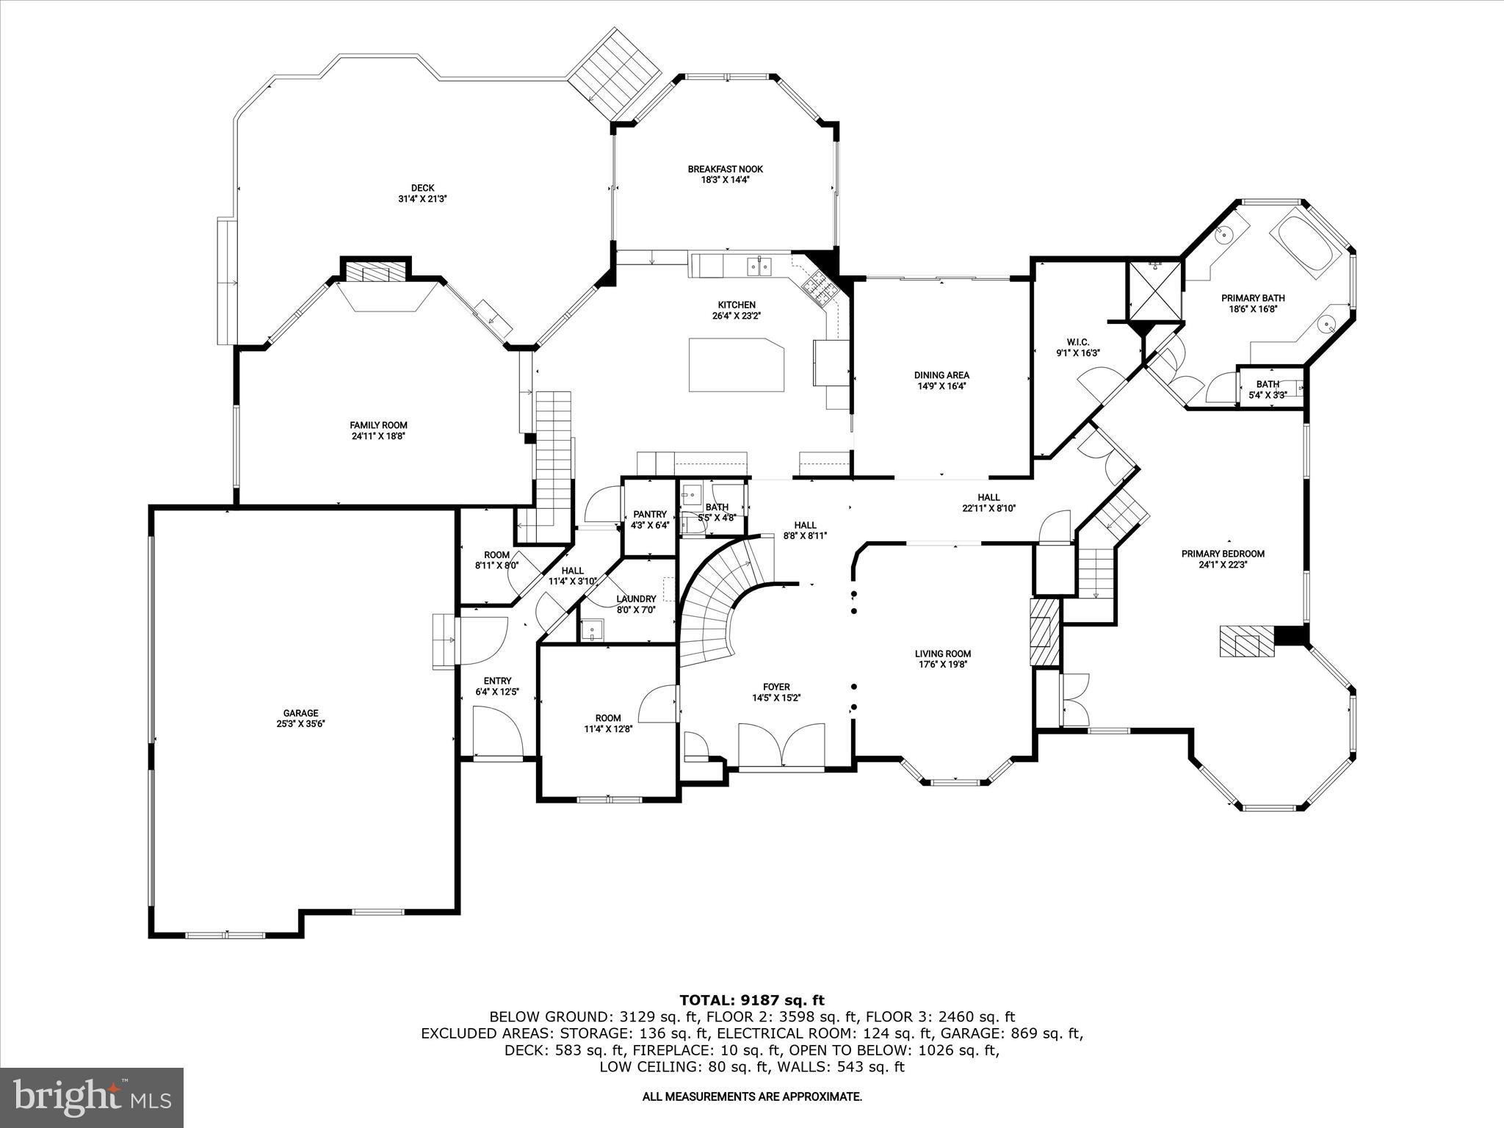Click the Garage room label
point(301,712)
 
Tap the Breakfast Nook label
point(725,169)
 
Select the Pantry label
point(649,514)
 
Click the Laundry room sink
point(591,630)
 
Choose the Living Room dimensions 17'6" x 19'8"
point(943,665)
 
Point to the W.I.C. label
point(1077,342)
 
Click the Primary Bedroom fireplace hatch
point(1245,640)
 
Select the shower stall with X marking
point(1155,291)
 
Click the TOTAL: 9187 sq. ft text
point(752,999)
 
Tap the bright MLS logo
point(93,1097)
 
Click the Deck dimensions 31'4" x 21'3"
point(422,198)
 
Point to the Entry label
point(497,681)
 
